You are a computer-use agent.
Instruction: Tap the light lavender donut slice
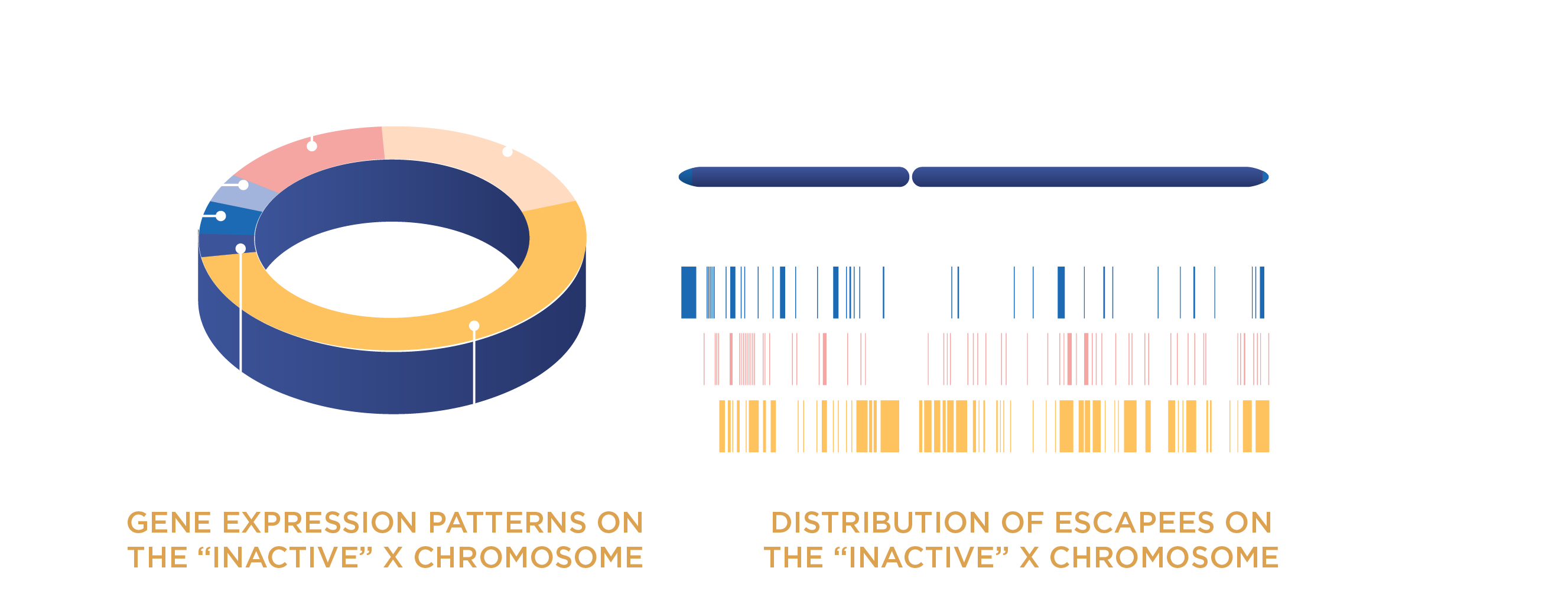click(239, 193)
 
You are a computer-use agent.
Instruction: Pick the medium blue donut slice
click(230, 219)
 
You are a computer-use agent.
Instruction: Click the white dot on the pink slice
click(312, 146)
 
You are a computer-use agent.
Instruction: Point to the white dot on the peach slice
click(508, 152)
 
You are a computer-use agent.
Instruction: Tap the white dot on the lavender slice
click(243, 185)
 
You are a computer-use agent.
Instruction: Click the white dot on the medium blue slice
click(221, 216)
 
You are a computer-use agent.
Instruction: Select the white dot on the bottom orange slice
click(474, 326)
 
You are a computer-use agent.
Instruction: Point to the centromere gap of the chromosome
click(910, 177)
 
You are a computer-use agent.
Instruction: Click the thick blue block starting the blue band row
click(688, 292)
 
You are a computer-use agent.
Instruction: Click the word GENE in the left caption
click(169, 523)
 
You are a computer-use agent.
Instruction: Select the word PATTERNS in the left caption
click(507, 523)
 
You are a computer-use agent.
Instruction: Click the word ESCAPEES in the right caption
click(1134, 523)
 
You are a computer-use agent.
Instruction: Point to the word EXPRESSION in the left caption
click(320, 523)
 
